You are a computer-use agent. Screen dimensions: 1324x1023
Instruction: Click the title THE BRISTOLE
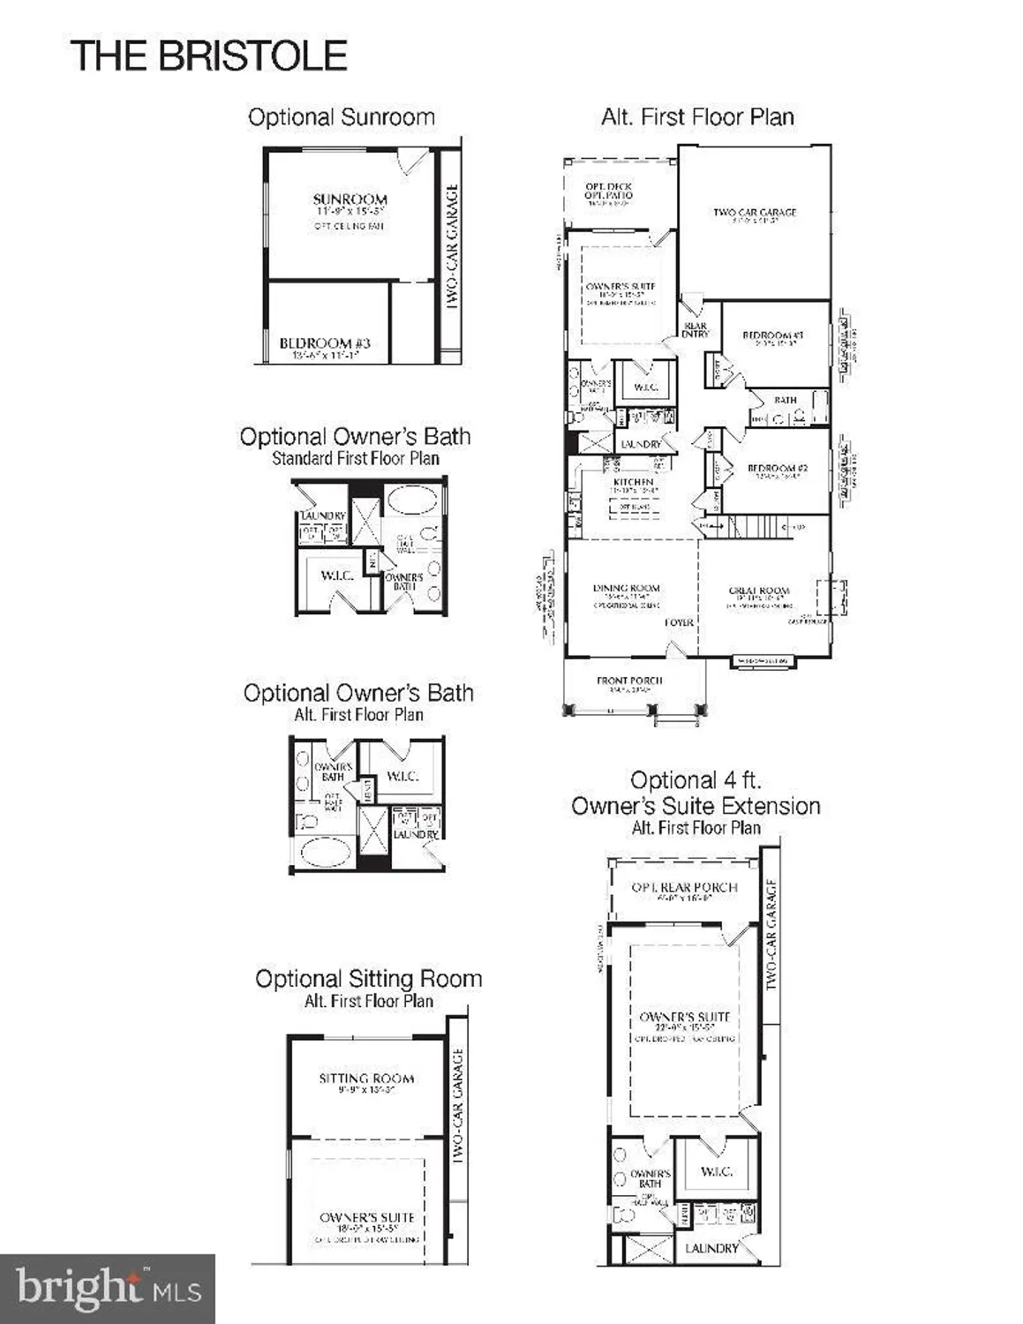click(x=208, y=56)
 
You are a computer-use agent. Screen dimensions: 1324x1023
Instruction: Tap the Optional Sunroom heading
click(x=341, y=117)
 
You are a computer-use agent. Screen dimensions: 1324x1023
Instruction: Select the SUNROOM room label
click(x=350, y=199)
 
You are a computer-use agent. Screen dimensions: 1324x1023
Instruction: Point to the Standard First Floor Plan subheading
click(x=355, y=458)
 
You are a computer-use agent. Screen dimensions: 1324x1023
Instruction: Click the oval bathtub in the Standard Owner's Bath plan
click(x=411, y=500)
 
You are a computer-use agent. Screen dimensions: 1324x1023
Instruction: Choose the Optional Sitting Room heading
click(x=368, y=979)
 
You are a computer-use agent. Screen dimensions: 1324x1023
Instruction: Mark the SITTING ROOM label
click(x=366, y=1078)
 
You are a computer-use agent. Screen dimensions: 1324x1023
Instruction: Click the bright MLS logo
click(x=108, y=1289)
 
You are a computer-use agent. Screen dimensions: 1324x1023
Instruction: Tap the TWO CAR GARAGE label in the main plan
click(x=755, y=213)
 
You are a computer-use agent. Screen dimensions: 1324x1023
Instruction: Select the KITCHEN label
click(x=633, y=482)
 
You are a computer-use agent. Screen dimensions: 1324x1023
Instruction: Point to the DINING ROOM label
click(x=627, y=588)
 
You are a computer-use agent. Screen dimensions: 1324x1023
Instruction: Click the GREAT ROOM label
click(x=759, y=591)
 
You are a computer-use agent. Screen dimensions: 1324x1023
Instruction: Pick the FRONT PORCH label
click(x=629, y=681)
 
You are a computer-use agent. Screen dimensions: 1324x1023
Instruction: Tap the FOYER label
click(x=679, y=622)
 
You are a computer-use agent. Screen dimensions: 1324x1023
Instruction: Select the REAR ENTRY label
click(x=695, y=330)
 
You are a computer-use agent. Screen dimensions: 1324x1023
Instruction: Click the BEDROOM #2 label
click(x=777, y=468)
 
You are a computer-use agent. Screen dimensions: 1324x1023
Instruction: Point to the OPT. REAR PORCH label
click(x=684, y=887)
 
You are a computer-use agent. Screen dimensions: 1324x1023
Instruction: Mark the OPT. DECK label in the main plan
click(x=608, y=187)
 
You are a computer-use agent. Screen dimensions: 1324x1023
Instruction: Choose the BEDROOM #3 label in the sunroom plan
click(x=325, y=343)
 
